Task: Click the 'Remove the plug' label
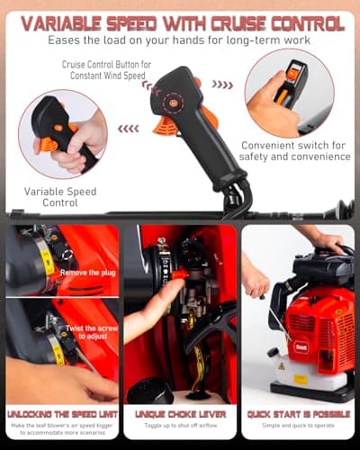pos(86,271)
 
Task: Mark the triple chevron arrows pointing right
pos(221,85)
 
